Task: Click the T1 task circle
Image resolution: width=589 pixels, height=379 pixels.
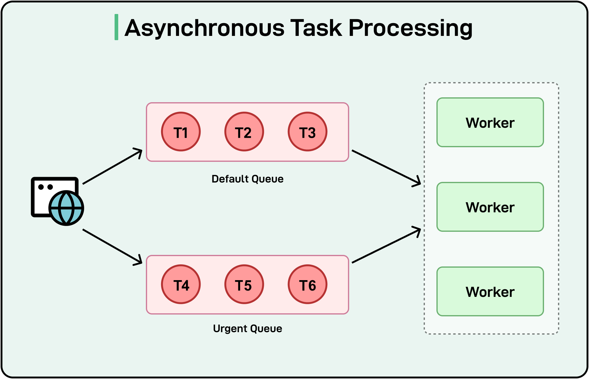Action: (181, 132)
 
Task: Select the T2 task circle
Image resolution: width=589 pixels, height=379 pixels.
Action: (244, 132)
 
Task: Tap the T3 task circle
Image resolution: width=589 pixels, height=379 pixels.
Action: (307, 132)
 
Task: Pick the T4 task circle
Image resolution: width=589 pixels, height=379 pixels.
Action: (181, 284)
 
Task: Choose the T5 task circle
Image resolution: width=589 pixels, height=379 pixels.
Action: (244, 284)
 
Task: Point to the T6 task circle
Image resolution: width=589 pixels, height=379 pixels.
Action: (307, 284)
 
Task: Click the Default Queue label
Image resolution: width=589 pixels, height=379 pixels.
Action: (247, 179)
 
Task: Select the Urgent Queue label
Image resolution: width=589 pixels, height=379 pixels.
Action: (247, 329)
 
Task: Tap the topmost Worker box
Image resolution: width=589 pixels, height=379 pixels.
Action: (490, 123)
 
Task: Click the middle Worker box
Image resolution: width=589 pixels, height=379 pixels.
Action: (490, 207)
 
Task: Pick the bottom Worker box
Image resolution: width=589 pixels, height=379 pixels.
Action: (490, 292)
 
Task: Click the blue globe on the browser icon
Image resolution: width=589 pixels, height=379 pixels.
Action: (66, 208)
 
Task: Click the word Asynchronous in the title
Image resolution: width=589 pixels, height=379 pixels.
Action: (204, 28)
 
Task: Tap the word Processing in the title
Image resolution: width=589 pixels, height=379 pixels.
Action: (410, 28)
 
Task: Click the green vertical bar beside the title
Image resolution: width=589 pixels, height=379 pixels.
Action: (116, 27)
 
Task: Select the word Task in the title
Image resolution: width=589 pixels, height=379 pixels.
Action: (316, 28)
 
